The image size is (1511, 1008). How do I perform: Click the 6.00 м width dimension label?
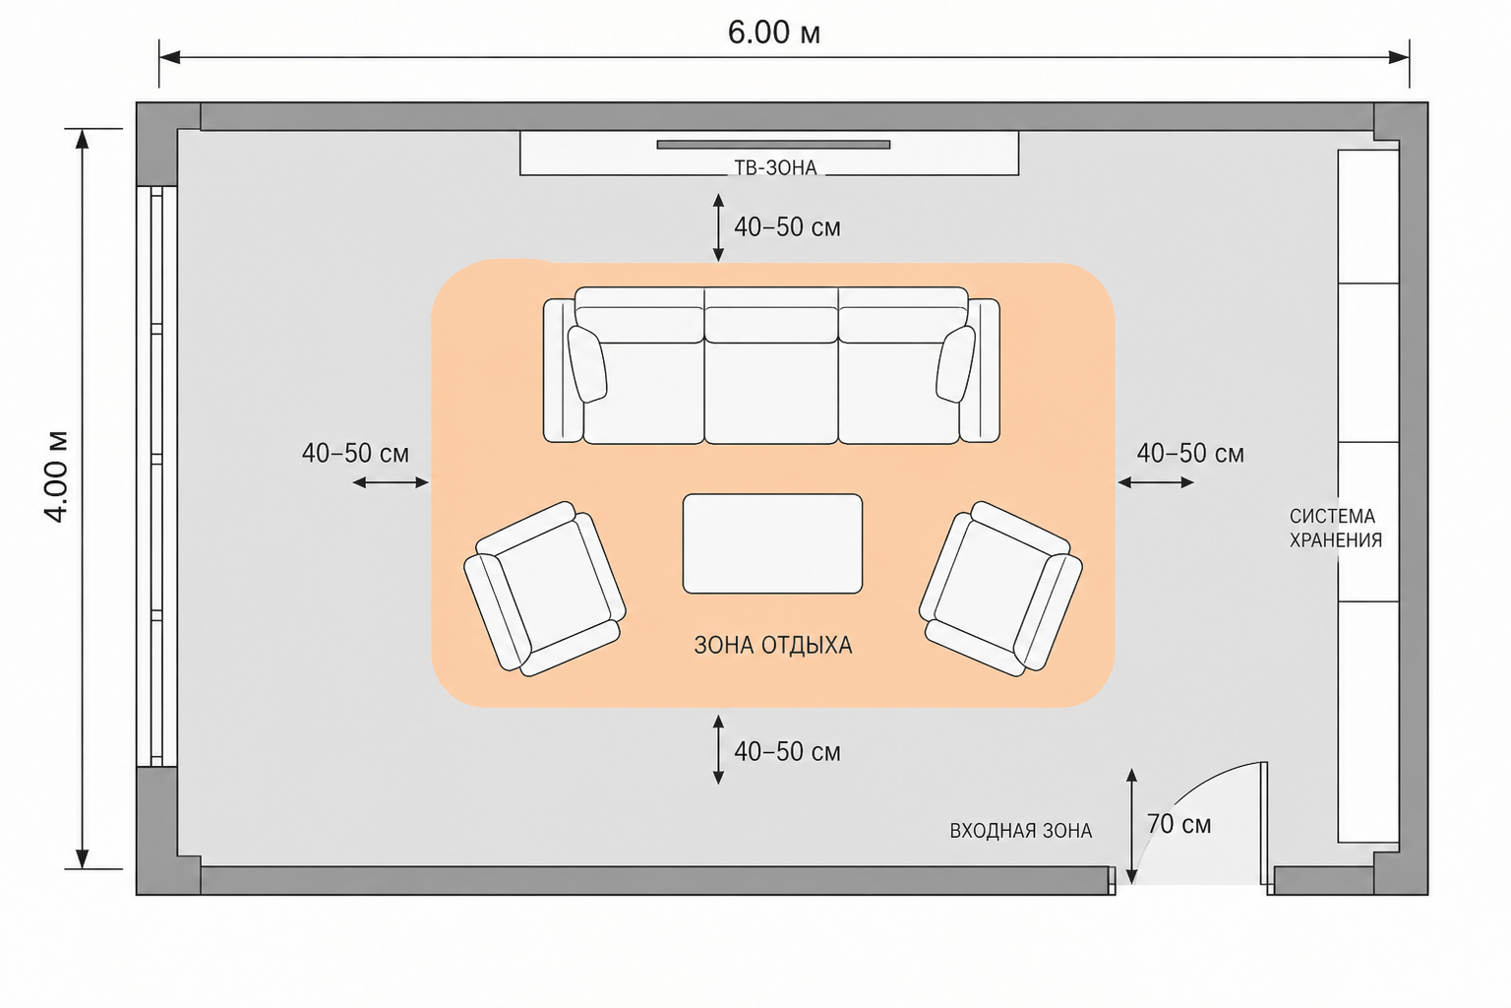(774, 32)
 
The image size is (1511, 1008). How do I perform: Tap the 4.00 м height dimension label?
(56, 476)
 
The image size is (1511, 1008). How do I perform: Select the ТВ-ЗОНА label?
(775, 168)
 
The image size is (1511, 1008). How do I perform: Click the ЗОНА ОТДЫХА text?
(773, 646)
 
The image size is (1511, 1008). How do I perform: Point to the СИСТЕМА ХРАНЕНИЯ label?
(1336, 528)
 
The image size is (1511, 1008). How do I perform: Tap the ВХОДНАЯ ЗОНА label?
(1020, 831)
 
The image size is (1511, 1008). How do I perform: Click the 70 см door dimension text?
(1179, 824)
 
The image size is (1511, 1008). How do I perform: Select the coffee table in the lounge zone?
(772, 543)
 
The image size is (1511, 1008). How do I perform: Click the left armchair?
(545, 589)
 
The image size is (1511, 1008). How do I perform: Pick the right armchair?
(1000, 589)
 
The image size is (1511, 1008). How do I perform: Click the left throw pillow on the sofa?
(587, 364)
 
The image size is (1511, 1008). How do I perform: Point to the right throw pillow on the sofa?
(955, 364)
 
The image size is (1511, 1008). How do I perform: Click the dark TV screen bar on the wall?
(774, 145)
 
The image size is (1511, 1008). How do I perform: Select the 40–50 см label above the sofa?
(787, 227)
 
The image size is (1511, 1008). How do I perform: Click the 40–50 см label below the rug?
(787, 751)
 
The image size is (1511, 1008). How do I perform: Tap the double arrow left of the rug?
(391, 482)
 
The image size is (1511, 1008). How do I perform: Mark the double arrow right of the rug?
(1156, 482)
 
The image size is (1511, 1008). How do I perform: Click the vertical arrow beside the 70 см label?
(1132, 826)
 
